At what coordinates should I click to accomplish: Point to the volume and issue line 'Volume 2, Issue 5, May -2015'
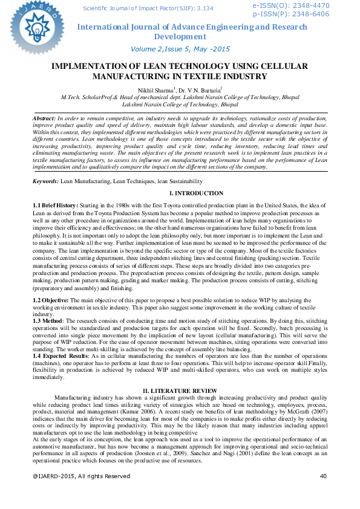(180, 48)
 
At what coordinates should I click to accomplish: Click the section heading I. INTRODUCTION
(180, 193)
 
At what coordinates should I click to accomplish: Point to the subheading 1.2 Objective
(51, 300)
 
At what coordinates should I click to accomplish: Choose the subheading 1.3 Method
(48, 320)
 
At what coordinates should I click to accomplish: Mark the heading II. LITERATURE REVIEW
(180, 391)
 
